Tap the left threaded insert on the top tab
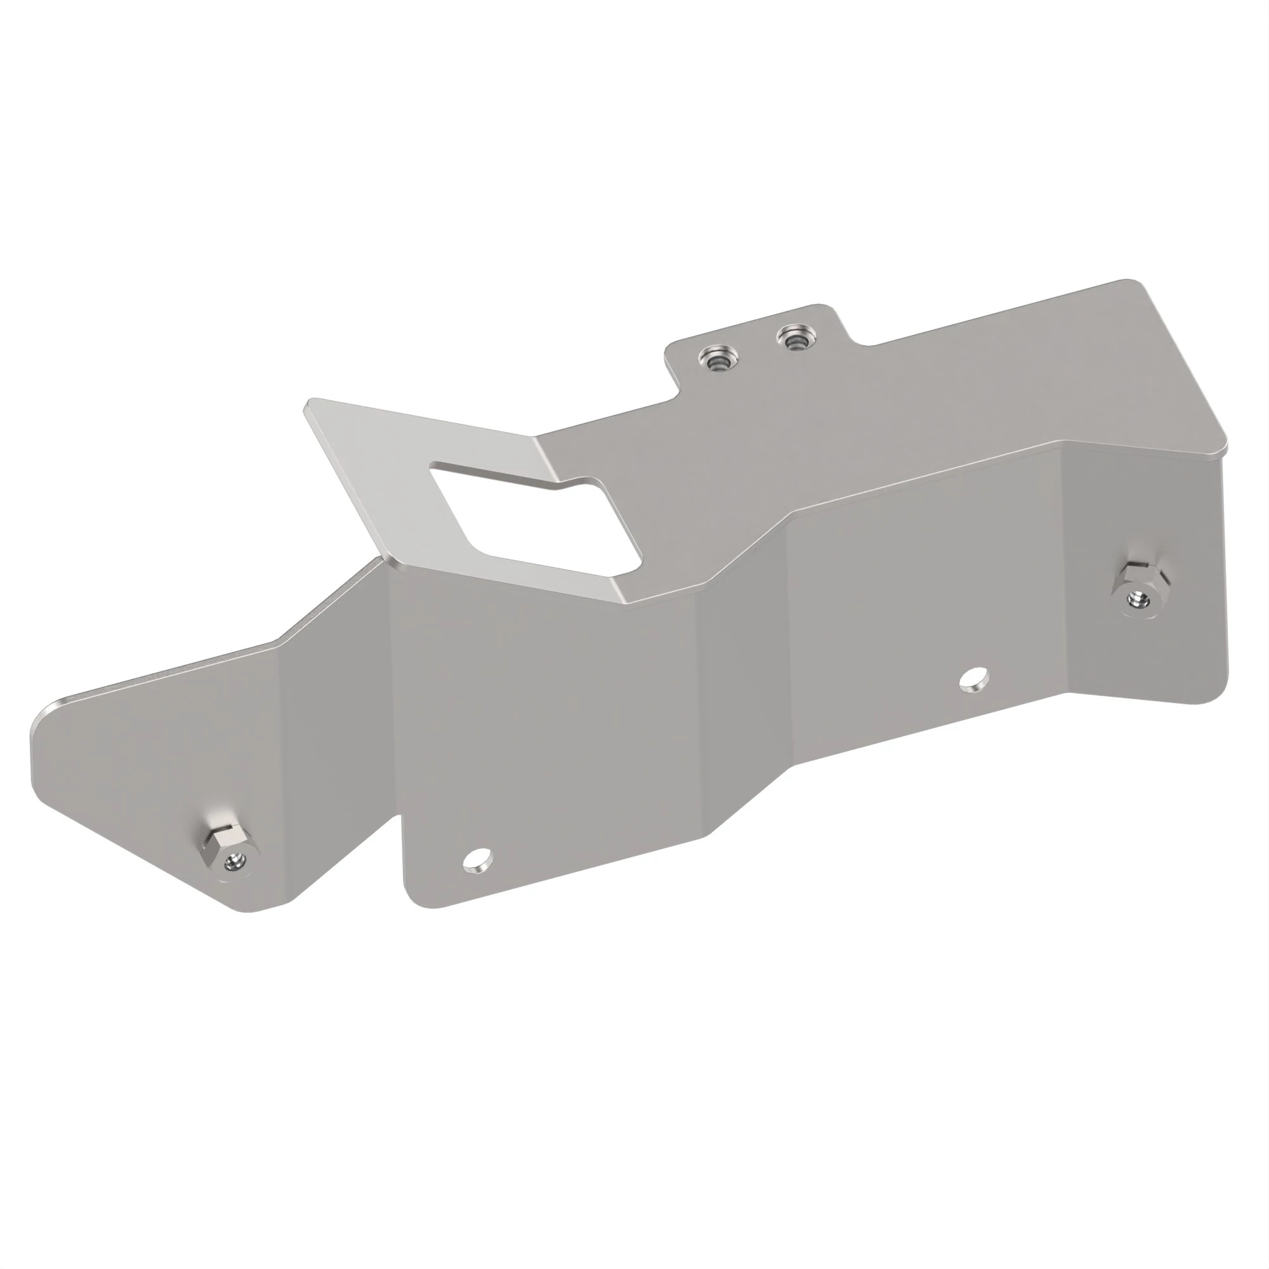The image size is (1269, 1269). coord(720,358)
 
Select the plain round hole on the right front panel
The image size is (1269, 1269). coord(973,679)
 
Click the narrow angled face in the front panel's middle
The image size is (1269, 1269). coord(746,696)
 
